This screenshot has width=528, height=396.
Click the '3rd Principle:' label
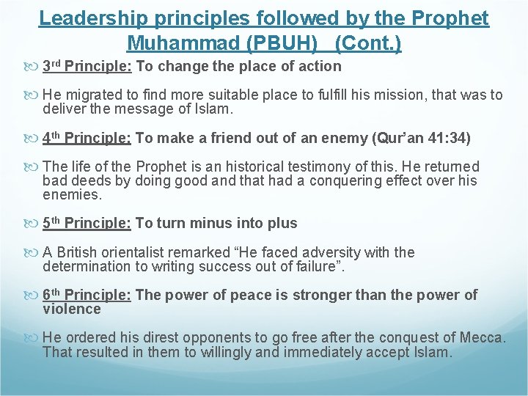[x=87, y=67]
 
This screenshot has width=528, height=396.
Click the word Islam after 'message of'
[x=212, y=109]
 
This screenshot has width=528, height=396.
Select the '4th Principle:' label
[x=87, y=138]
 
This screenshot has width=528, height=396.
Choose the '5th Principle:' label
[x=87, y=223]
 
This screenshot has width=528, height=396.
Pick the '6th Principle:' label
[x=87, y=295]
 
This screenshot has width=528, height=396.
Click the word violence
[x=71, y=309]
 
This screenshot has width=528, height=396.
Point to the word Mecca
[x=481, y=338]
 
